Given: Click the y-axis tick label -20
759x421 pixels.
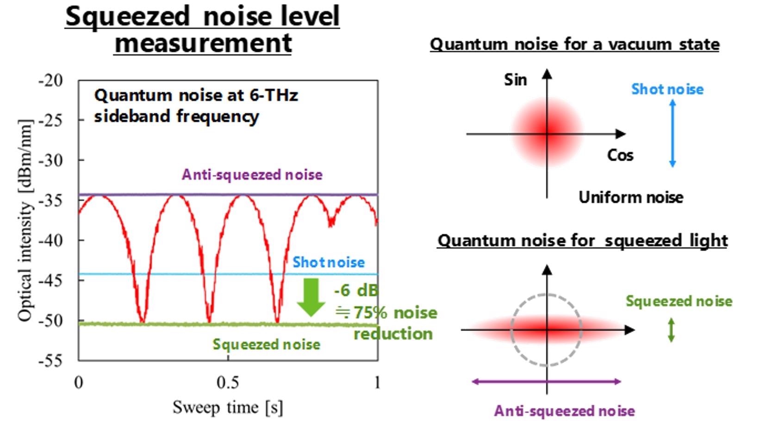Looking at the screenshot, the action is (x=51, y=81).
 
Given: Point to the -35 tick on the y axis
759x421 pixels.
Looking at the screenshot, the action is (x=51, y=201).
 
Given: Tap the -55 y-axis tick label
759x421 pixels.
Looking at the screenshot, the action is (x=51, y=361).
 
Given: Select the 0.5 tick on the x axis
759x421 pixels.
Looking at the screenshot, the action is (x=228, y=383).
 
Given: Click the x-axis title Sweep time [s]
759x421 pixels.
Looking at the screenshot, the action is (x=228, y=407).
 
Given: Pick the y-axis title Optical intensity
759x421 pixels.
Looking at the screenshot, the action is (x=25, y=220).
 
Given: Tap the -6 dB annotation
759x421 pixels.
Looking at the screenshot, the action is (x=356, y=290).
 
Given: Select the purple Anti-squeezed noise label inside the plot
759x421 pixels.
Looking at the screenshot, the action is (x=252, y=175).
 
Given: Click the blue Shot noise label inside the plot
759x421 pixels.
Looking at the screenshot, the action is (x=328, y=262).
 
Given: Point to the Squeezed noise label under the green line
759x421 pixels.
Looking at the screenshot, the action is (x=266, y=345).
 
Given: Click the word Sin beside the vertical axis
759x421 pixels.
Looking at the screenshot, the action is (x=516, y=80).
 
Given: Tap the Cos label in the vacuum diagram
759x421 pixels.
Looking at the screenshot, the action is (x=620, y=156).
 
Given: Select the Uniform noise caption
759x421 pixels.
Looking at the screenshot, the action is (x=631, y=198).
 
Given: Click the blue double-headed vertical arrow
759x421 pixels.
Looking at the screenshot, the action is (x=673, y=133).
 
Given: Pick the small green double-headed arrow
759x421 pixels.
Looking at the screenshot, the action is (x=671, y=330).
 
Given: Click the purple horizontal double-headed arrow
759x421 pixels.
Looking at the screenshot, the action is (x=546, y=382).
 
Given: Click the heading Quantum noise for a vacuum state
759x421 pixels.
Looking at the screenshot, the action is (x=575, y=44).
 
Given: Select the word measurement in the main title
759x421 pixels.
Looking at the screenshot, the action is (x=203, y=43).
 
